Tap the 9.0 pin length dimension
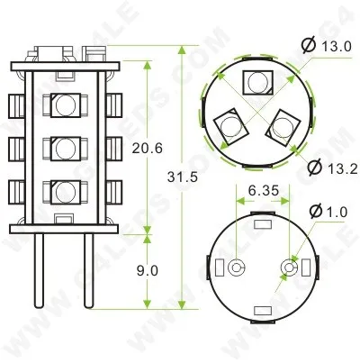149,269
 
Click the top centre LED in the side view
63,104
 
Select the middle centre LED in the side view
63,147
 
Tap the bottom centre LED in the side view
63,191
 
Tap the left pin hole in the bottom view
236,268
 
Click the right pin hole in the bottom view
289,268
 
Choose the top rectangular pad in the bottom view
262,225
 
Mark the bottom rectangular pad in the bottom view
262,311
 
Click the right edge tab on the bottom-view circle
311,268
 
